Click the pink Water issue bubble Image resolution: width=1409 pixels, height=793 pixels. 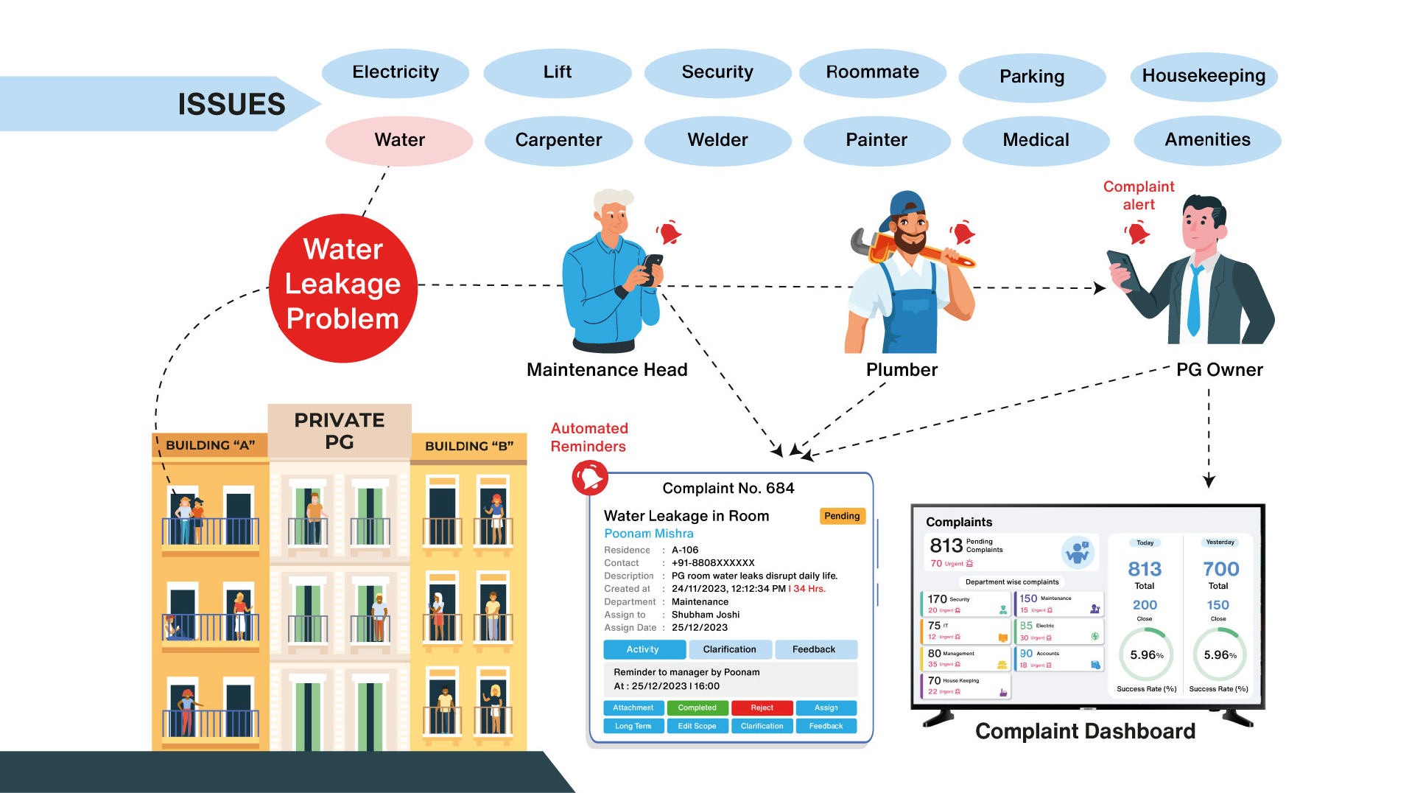point(399,140)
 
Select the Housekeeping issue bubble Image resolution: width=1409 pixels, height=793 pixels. point(1204,76)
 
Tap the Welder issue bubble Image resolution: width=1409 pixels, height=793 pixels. point(717,140)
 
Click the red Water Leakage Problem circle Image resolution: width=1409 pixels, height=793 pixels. point(343,287)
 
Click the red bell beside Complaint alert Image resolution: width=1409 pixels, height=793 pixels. point(1138,234)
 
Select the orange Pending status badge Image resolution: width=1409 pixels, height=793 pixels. point(842,516)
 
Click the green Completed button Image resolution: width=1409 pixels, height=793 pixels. point(697,708)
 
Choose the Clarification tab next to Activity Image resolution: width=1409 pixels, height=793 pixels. point(729,649)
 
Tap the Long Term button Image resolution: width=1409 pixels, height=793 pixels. point(633,726)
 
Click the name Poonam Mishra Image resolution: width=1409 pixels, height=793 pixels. point(648,534)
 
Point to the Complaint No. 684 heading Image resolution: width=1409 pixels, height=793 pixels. point(728,488)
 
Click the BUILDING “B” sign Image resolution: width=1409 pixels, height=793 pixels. point(469,446)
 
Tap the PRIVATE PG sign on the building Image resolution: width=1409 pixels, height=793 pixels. point(340,430)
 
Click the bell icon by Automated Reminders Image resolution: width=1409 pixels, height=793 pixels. point(590,478)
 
